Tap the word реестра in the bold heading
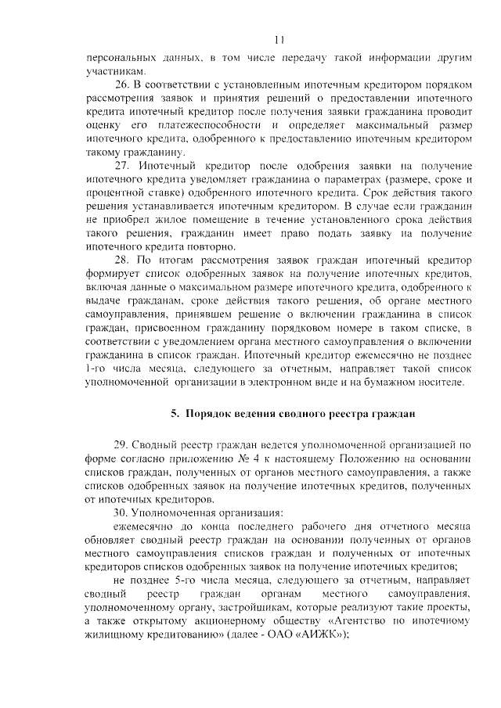coord(348,412)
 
